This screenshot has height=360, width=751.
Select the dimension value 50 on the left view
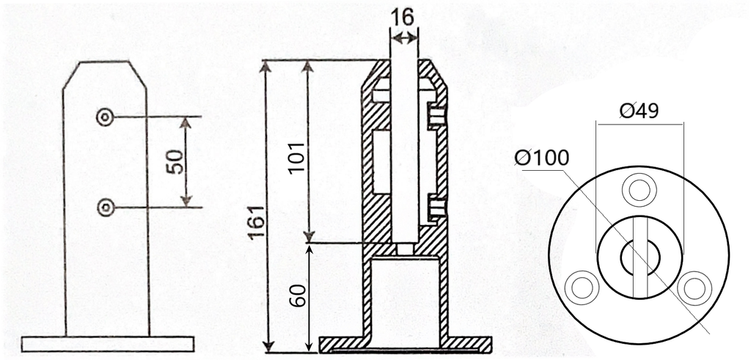[175, 162]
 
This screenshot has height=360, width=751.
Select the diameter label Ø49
[639, 111]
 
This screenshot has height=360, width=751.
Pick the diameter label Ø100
[541, 158]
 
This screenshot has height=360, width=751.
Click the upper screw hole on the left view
[106, 117]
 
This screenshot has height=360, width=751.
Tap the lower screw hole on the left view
[106, 207]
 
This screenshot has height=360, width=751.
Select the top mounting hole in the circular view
[639, 190]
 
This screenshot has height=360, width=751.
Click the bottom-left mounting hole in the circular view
[584, 286]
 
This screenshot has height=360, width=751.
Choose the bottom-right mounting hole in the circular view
[693, 286]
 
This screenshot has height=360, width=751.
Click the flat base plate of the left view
[108, 344]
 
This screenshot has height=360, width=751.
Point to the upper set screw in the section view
[436, 116]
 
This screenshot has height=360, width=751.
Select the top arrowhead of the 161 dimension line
[266, 67]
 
